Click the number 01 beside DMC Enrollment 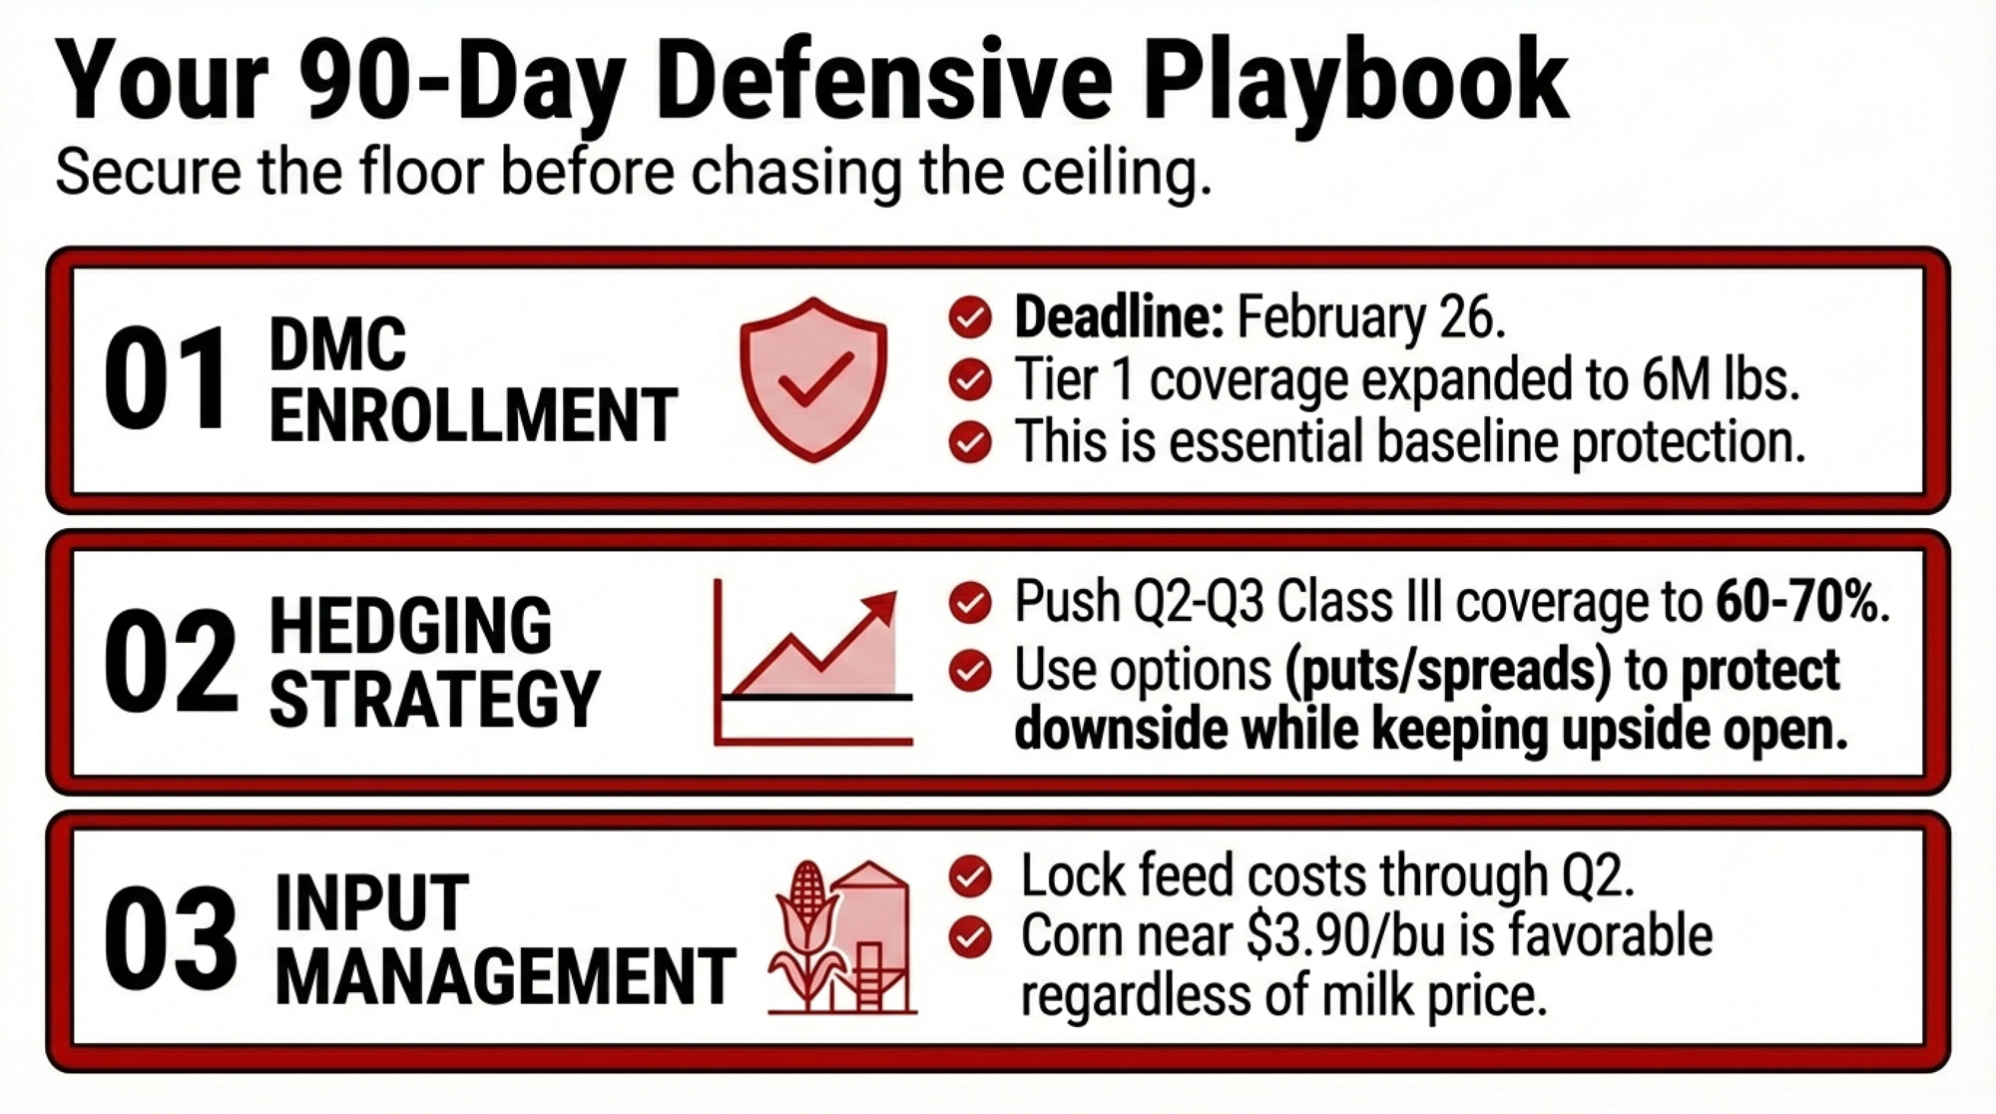[x=166, y=380]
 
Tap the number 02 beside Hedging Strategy [x=171, y=662]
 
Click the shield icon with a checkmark [x=813, y=379]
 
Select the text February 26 [x=1371, y=317]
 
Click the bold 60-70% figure [x=1802, y=601]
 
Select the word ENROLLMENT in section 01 [x=473, y=415]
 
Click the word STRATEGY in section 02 [x=435, y=698]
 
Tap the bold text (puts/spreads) [x=1442, y=670]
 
